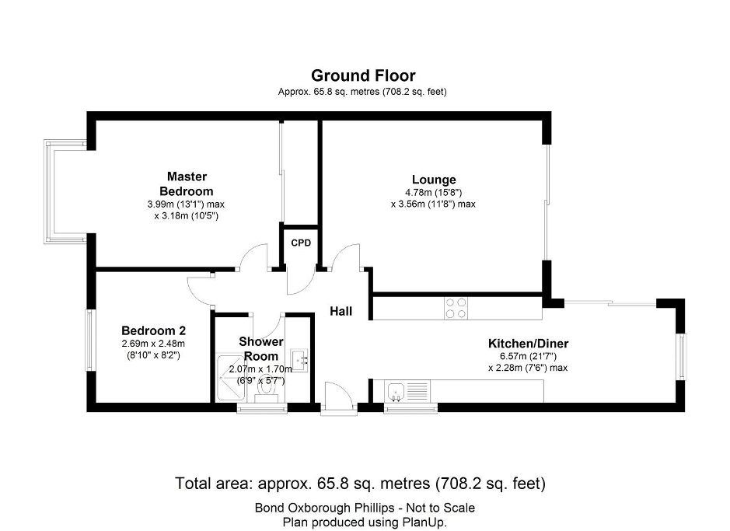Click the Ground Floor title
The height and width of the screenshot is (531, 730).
(x=363, y=75)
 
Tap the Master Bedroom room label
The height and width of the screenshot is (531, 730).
(x=186, y=183)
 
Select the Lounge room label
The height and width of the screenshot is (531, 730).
(x=433, y=180)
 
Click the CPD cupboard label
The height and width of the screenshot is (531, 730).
(x=301, y=243)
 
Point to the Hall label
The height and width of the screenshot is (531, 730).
(x=341, y=312)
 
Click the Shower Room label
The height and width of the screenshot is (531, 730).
(x=261, y=348)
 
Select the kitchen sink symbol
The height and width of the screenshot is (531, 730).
(x=396, y=391)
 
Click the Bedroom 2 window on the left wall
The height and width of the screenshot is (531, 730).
(x=90, y=341)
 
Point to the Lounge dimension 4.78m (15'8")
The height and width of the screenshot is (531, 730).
(x=433, y=192)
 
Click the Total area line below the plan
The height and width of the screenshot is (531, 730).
(x=361, y=484)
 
